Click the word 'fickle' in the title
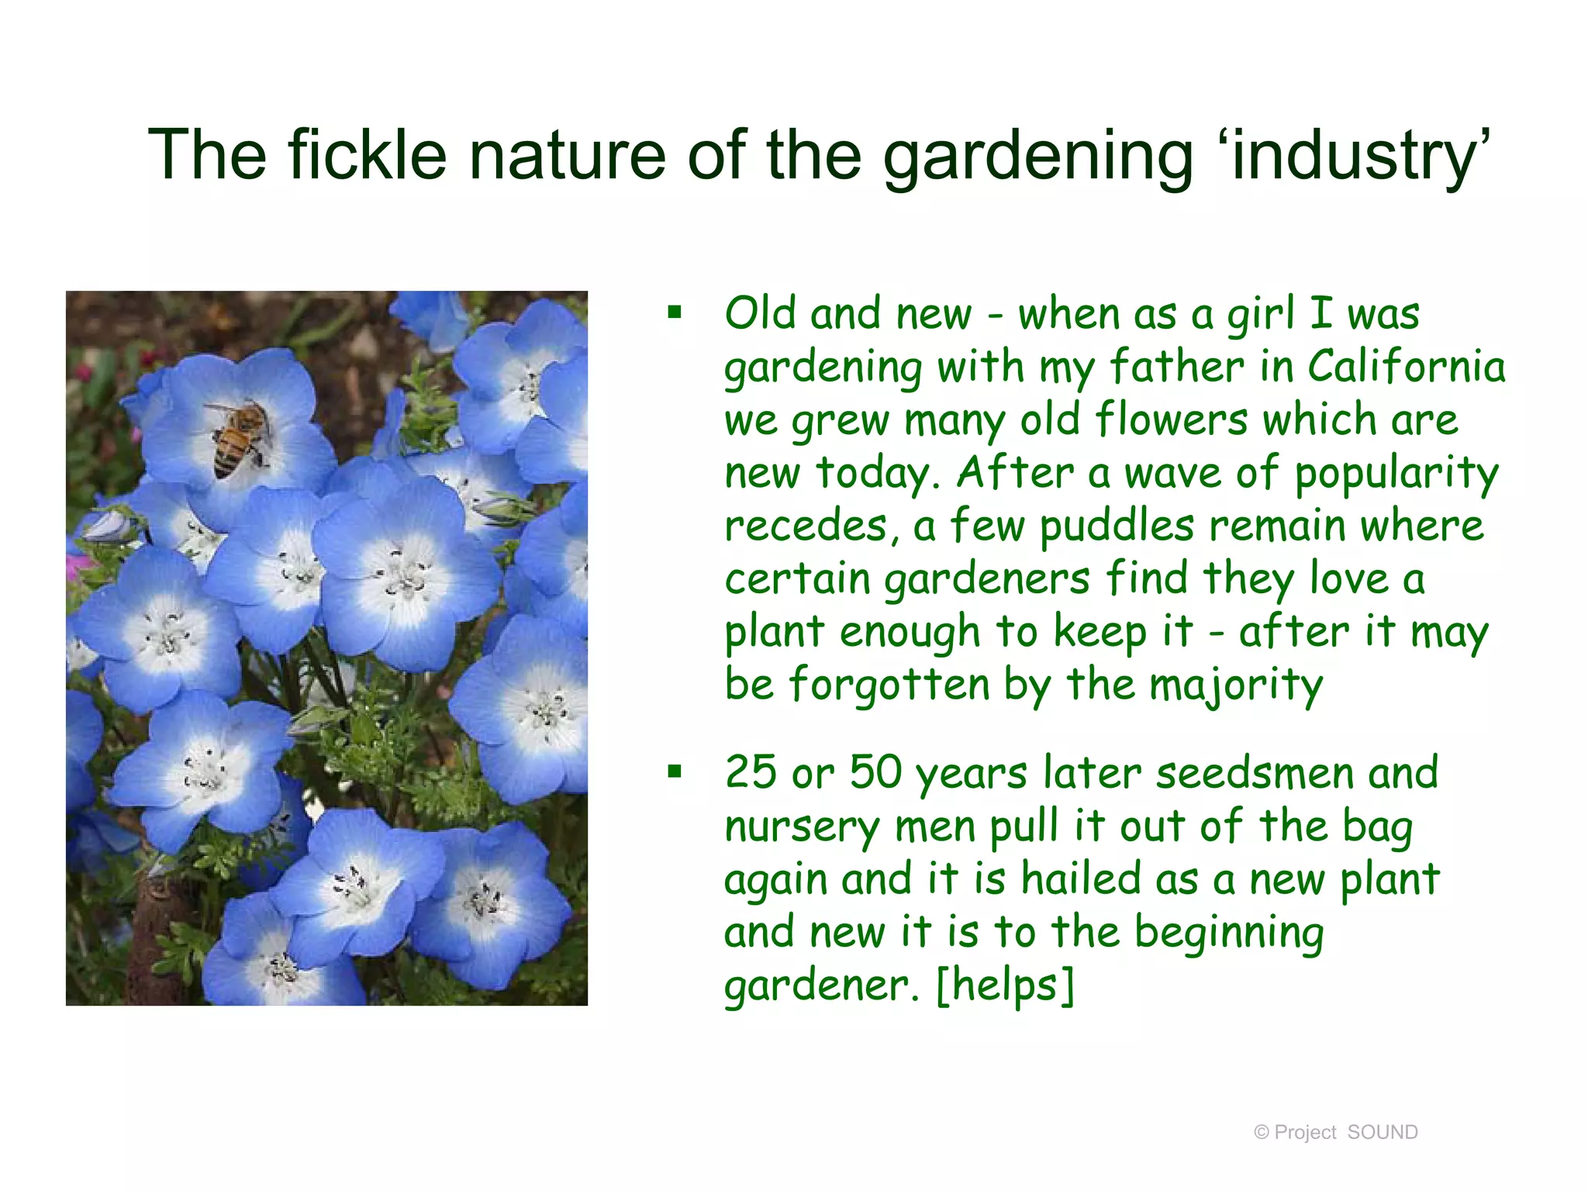[368, 155]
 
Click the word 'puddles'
[1117, 526]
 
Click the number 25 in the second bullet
[751, 772]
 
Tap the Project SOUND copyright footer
[1336, 1132]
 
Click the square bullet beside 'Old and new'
[675, 313]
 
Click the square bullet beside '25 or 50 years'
[675, 772]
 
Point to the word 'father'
[1176, 366]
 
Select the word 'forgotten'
[889, 685]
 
